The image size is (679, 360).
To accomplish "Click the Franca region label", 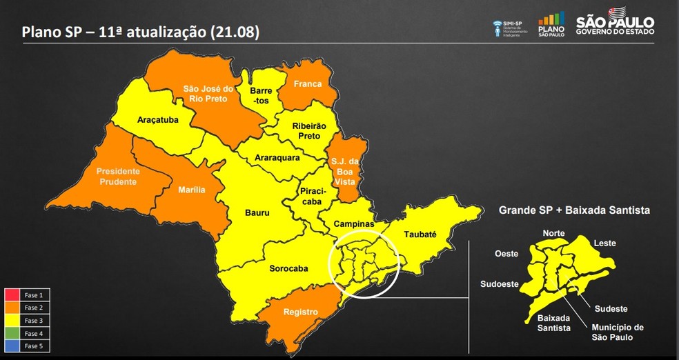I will click(x=307, y=84).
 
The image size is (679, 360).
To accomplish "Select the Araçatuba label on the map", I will click(x=157, y=119).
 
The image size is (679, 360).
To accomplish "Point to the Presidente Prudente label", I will click(x=117, y=177).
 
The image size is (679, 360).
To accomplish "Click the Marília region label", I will click(x=191, y=190).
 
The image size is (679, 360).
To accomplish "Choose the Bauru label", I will click(x=257, y=213).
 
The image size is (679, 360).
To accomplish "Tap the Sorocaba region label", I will click(x=288, y=268).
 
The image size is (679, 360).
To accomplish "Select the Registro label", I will click(x=300, y=312).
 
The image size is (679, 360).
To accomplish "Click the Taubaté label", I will click(x=420, y=234).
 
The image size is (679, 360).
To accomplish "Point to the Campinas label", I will click(x=353, y=224).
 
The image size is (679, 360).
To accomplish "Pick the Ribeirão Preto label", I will click(x=306, y=131).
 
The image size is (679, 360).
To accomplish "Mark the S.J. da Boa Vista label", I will click(x=343, y=172).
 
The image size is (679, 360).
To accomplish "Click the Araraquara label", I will click(x=277, y=158).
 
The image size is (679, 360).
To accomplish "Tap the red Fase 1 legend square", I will click(x=12, y=294).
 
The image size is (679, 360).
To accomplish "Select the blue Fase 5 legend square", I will click(x=12, y=346).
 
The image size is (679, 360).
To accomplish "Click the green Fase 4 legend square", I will click(x=12, y=333).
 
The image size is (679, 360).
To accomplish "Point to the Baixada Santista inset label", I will click(x=553, y=323).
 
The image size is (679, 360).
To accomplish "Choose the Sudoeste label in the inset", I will click(x=502, y=284).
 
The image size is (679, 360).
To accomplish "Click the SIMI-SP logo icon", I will click(x=498, y=28).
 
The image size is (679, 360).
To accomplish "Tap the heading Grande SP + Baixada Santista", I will click(x=574, y=209).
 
